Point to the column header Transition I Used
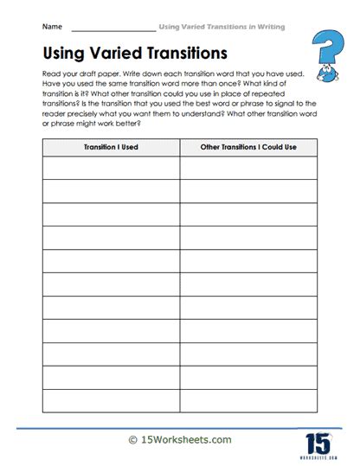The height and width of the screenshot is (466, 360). tap(111, 147)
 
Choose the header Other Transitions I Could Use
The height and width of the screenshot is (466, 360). tap(248, 147)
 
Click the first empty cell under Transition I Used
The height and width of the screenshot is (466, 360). tap(111, 168)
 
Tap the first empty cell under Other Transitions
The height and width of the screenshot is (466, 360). tap(248, 168)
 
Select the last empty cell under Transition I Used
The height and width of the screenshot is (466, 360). tap(111, 400)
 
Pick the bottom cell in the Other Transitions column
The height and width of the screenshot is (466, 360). tap(248, 400)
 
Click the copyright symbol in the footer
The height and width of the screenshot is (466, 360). tap(132, 440)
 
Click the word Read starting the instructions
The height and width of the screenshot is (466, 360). tap(51, 75)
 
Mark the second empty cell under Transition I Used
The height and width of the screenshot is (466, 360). tap(111, 191)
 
